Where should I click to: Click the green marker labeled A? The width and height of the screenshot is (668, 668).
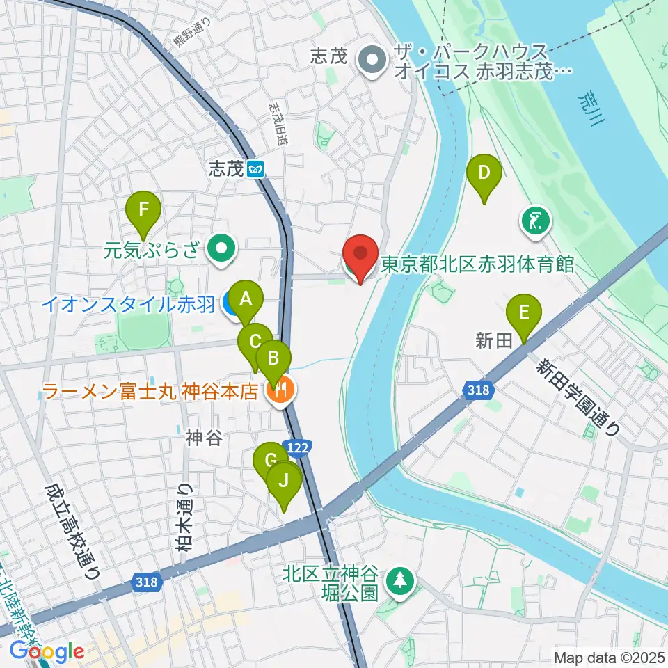(x=245, y=300)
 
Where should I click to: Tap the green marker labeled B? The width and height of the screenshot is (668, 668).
(x=273, y=359)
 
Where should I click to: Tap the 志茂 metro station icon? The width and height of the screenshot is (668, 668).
(x=257, y=169)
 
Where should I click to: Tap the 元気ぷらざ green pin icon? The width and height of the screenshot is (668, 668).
(x=223, y=247)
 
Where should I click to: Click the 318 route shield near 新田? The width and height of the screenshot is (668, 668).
(x=479, y=391)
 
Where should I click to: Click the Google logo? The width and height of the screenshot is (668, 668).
(x=47, y=651)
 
